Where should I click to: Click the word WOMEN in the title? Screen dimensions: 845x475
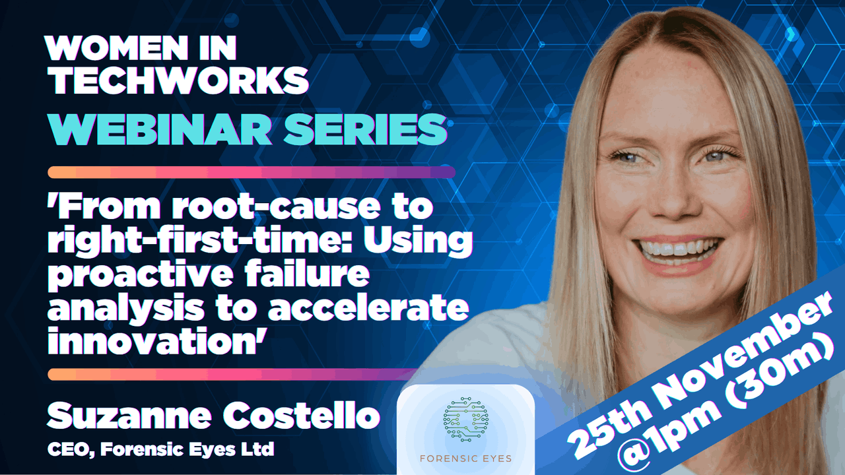[x=116, y=48]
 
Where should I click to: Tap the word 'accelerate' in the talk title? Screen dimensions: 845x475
[x=368, y=307]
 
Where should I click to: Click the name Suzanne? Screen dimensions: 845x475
[x=129, y=415]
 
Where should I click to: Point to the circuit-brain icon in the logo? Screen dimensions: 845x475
[x=466, y=419]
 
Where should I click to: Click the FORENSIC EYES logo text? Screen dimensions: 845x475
[x=466, y=459]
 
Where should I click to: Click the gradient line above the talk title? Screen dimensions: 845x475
[x=252, y=172]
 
